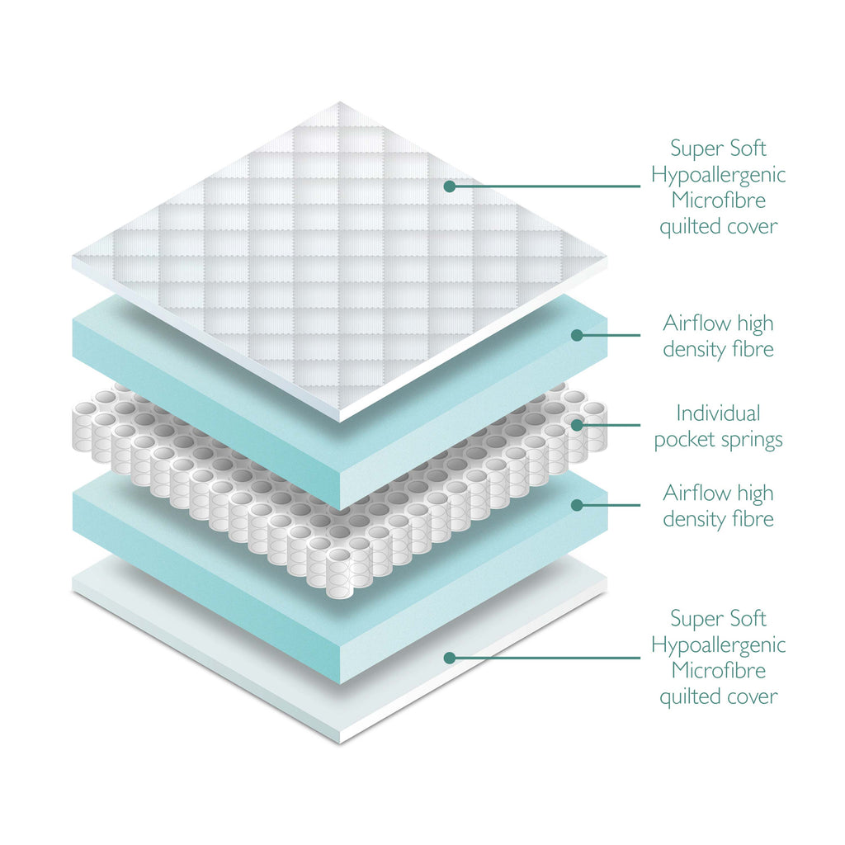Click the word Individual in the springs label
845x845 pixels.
pyautogui.click(x=718, y=413)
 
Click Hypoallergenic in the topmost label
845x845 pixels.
pyautogui.click(x=718, y=175)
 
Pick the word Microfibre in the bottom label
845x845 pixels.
pyautogui.click(x=718, y=670)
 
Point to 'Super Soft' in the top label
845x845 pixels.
pyautogui.click(x=718, y=149)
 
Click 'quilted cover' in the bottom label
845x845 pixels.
pyautogui.click(x=718, y=696)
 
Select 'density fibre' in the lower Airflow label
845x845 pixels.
pyautogui.click(x=718, y=519)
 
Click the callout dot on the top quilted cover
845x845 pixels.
pyautogui.click(x=450, y=186)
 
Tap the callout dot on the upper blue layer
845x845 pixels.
pyautogui.click(x=577, y=335)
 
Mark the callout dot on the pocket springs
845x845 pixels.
pyautogui.click(x=577, y=425)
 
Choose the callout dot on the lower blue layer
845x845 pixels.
pyautogui.click(x=577, y=503)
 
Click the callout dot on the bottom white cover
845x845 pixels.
pyautogui.click(x=450, y=658)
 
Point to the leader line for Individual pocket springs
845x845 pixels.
pyautogui.click(x=611, y=425)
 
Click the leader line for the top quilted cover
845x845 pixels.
pyautogui.click(x=545, y=186)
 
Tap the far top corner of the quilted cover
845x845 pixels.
pyautogui.click(x=339, y=102)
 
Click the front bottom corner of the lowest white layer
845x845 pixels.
pyautogui.click(x=340, y=740)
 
